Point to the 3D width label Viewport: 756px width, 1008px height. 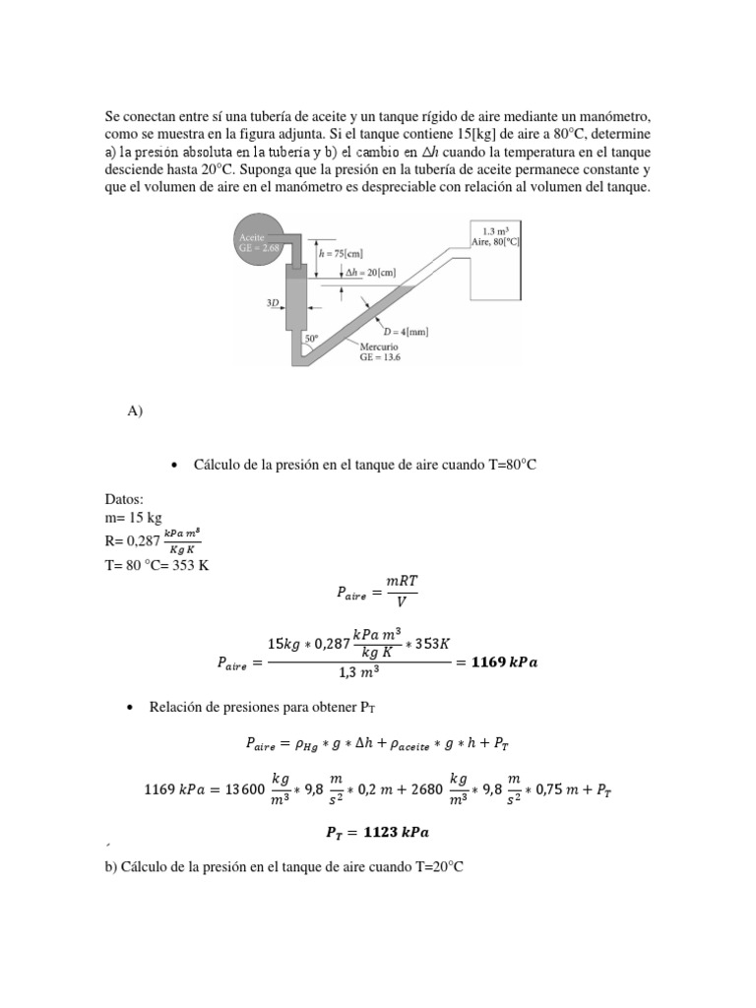coord(275,304)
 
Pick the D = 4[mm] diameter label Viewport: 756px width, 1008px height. coord(405,332)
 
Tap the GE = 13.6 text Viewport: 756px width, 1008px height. coord(380,358)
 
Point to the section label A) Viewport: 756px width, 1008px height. coord(136,412)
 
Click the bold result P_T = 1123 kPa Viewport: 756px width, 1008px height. coord(377,832)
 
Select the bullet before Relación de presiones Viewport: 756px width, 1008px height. coord(132,707)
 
